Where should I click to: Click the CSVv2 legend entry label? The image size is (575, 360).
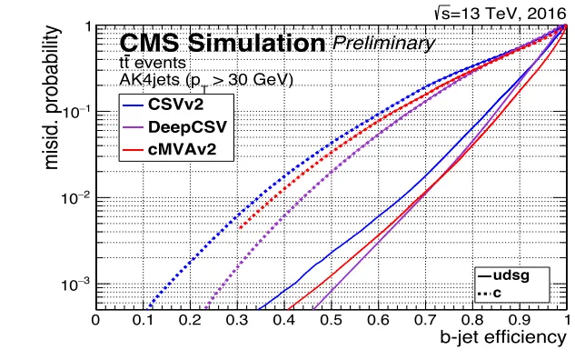[175, 105]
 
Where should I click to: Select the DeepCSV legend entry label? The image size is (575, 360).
[187, 127]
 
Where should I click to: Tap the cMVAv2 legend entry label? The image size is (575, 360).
[182, 149]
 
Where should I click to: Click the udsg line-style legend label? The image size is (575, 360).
[511, 275]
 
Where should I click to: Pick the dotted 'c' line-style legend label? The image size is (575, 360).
[497, 293]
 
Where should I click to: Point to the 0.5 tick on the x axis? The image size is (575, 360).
[332, 320]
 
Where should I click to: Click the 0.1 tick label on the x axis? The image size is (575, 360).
[143, 320]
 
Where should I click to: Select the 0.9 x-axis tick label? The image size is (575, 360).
[520, 320]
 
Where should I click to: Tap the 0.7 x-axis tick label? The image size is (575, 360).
[425, 320]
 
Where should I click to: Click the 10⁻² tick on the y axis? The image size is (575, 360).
[76, 198]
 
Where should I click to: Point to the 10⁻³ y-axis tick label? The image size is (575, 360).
[76, 284]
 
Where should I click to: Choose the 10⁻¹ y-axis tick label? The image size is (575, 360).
[76, 112]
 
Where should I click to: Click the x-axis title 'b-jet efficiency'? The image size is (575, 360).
[503, 337]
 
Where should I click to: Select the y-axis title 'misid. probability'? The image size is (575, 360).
[51, 97]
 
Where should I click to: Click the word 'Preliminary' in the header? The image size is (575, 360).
[382, 44]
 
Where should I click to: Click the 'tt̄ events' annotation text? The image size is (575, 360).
[153, 63]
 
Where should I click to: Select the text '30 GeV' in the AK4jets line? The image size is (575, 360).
[257, 80]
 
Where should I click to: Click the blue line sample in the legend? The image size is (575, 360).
[134, 105]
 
